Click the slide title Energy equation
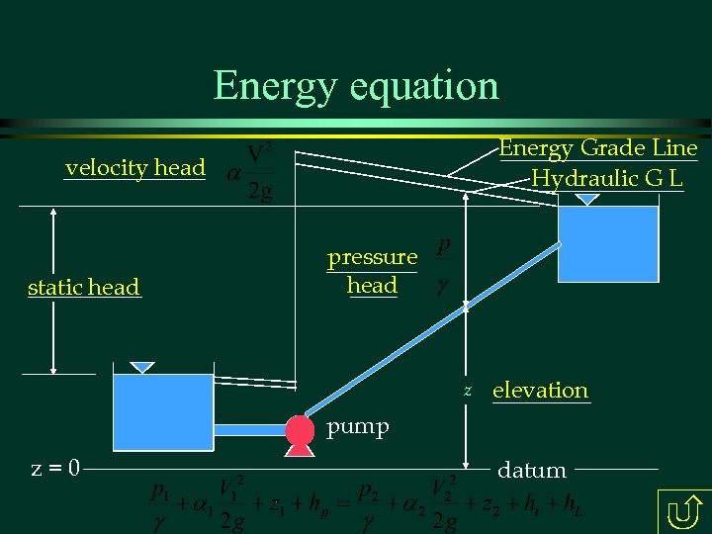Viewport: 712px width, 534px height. [x=356, y=85]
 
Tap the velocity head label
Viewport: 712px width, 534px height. [x=135, y=168]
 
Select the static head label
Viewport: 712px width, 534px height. [x=84, y=288]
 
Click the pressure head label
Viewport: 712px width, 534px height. [x=373, y=271]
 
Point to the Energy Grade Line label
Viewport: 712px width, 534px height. [x=598, y=148]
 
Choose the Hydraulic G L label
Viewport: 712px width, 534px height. [x=607, y=179]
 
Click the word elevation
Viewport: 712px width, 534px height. [x=540, y=390]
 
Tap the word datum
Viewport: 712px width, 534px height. [x=532, y=471]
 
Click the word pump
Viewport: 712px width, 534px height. [x=358, y=427]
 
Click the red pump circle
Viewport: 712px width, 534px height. [x=299, y=429]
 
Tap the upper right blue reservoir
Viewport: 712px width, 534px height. [x=608, y=243]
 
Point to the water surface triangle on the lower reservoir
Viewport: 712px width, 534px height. [x=143, y=367]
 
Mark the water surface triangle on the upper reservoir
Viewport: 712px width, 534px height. [x=587, y=199]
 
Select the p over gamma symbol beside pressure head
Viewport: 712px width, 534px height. [x=443, y=265]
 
